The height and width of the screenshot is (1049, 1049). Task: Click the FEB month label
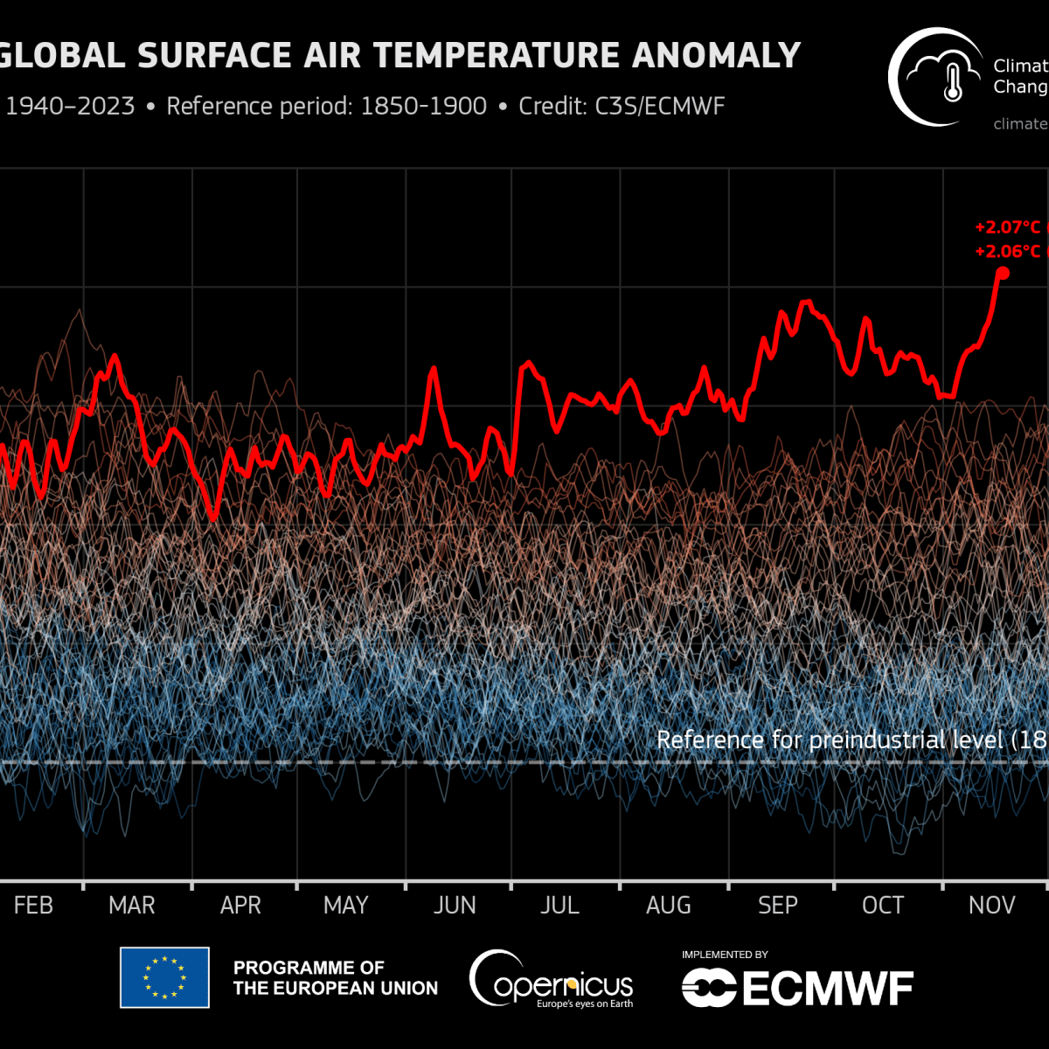pos(33,905)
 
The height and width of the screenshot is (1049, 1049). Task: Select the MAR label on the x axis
pos(132,905)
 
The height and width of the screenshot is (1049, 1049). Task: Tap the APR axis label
pos(240,905)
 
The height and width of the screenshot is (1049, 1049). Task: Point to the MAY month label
pos(345,905)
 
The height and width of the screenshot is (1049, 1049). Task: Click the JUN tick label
pos(455,905)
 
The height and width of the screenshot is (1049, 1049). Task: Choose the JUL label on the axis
pos(559,905)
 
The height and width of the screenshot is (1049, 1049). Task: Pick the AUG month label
pos(669,905)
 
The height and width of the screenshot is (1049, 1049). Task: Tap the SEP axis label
pos(777,905)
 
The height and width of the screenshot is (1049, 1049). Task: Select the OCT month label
pos(883,905)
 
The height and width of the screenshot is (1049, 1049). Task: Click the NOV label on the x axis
pos(991,905)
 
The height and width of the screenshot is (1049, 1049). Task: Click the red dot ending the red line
pos(1003,273)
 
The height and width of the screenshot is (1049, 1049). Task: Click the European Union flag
pos(164,977)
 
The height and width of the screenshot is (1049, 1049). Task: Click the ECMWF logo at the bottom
pos(797,988)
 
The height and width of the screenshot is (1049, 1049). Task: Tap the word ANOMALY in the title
pos(716,56)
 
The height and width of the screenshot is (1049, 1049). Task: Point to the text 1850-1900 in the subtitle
pos(423,107)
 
